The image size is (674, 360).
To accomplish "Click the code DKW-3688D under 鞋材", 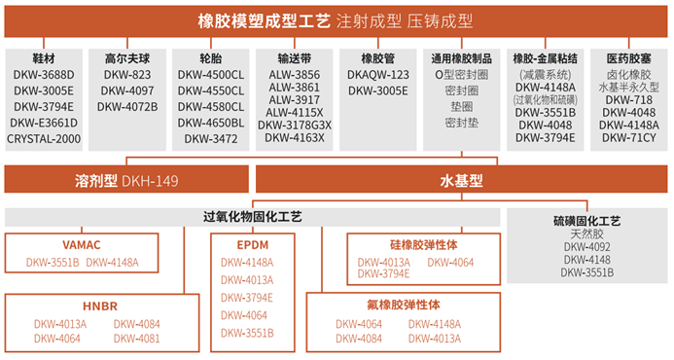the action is [x=44, y=75].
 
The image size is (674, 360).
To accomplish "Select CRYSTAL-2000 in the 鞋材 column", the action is [x=44, y=139].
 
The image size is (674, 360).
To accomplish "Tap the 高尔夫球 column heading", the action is [x=127, y=58].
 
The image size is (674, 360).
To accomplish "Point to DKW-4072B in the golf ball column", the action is [x=127, y=107].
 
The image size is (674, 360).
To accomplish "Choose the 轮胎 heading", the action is [x=211, y=58].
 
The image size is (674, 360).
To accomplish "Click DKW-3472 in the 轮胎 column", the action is [x=211, y=139].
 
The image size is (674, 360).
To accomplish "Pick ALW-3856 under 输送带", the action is [x=295, y=75].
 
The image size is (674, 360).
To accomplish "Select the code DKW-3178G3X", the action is [x=295, y=126].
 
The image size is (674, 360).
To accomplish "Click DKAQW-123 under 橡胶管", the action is [x=378, y=75].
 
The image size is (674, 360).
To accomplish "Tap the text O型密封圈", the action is [x=462, y=75].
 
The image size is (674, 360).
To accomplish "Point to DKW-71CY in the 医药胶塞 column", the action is [x=629, y=138].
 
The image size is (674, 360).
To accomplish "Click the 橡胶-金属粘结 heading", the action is [x=545, y=58].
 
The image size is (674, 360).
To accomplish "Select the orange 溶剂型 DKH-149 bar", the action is [x=126, y=181].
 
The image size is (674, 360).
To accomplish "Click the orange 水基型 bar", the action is [x=462, y=181].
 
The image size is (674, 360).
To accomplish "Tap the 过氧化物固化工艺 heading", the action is [x=252, y=217].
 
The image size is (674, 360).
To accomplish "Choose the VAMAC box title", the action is [x=82, y=245].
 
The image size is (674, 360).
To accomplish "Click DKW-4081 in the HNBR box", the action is [x=137, y=339].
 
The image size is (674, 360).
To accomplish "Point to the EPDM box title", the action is [x=252, y=245].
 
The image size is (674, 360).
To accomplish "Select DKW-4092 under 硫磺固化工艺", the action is [x=586, y=247].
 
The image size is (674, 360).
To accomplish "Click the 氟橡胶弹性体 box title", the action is [x=404, y=305].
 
